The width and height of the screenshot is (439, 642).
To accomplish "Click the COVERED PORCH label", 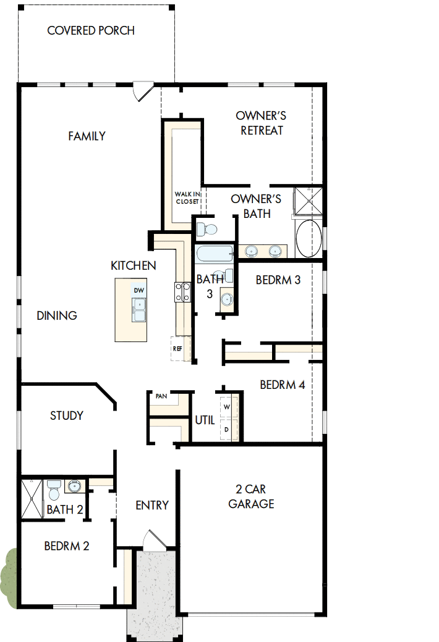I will (91, 30).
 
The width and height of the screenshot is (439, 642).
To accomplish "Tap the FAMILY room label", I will (87, 136).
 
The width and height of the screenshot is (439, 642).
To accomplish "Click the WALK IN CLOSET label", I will (187, 198).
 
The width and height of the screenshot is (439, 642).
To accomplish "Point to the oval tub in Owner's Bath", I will (309, 238).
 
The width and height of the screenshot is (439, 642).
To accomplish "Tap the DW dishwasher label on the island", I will (139, 290).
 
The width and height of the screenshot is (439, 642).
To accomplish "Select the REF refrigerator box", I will (178, 349).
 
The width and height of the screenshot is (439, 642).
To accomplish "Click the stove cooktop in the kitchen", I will (183, 291).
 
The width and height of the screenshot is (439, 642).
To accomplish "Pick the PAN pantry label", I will (161, 396).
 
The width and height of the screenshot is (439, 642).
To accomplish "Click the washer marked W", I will (226, 407).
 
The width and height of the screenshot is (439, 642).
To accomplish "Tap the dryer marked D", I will (226, 429).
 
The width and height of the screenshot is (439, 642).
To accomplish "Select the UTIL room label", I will (205, 420).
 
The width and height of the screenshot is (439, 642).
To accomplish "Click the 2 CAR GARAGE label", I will (251, 496).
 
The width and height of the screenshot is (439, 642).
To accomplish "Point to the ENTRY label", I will (152, 506).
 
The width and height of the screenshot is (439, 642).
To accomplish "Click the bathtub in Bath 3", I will (214, 253).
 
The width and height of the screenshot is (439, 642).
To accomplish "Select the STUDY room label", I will (67, 415).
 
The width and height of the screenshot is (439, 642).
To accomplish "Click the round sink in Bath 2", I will (75, 486).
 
